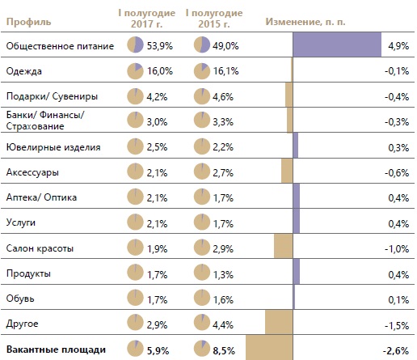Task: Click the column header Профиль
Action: coord(28,22)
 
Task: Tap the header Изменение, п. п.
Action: coord(305,22)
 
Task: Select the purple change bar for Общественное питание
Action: coord(337,44)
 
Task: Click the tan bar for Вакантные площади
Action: coord(269,348)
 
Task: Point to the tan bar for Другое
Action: coord(279,322)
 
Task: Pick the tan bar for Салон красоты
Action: coord(284,246)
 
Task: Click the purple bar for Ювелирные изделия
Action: coord(296,145)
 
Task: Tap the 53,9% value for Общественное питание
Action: coord(159,46)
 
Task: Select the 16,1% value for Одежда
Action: coord(225,71)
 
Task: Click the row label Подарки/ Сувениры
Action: coord(52,96)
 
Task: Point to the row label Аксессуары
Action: coord(32,172)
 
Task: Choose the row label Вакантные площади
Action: coord(56,349)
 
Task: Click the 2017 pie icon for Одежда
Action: coord(135,71)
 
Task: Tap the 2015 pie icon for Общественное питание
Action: coord(202,44)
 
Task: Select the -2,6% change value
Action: coord(396,350)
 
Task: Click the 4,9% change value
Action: coord(398,46)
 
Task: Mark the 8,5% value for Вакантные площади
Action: coord(224,351)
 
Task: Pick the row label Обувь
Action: coord(20,299)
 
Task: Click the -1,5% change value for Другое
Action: coord(397,325)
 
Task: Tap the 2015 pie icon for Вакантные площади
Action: coord(202,348)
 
